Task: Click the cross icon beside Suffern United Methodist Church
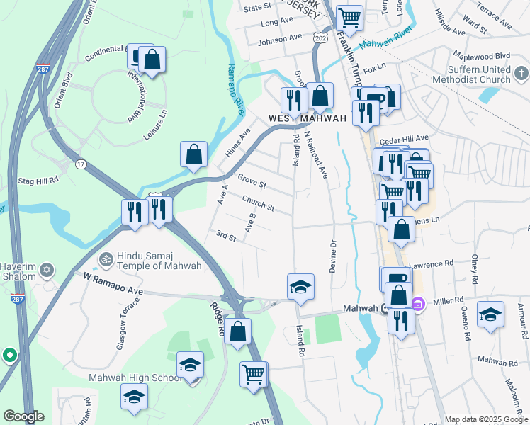(x=521, y=73)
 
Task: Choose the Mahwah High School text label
(x=135, y=378)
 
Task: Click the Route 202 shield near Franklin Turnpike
(x=320, y=38)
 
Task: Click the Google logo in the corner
(x=23, y=416)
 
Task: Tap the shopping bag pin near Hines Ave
(x=193, y=154)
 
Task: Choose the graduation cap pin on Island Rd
(x=300, y=286)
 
